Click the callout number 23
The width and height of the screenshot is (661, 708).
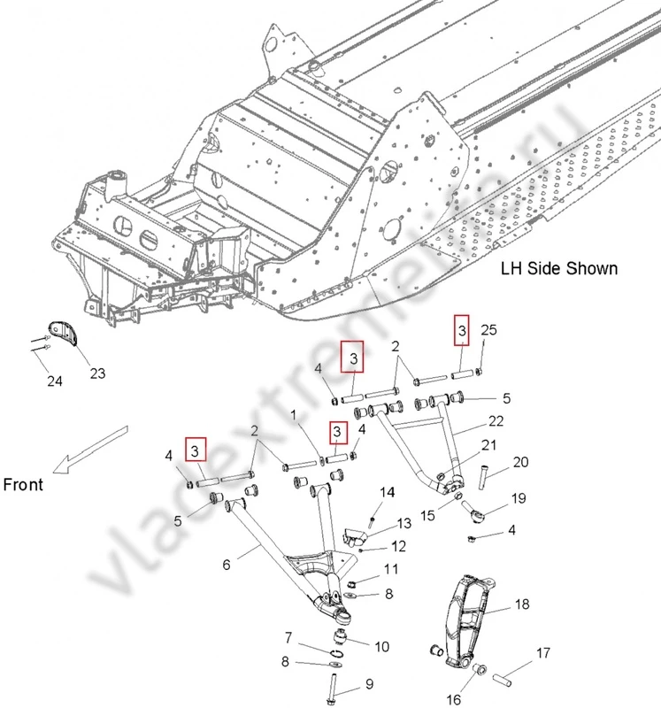97,373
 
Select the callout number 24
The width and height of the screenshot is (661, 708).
56,382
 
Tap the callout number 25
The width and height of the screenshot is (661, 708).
489,330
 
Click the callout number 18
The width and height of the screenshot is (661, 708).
522,605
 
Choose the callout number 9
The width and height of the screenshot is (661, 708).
370,683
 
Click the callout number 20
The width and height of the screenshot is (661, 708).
520,463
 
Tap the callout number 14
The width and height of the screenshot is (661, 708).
387,492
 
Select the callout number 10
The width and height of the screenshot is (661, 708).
381,646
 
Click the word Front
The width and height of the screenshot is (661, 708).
24,484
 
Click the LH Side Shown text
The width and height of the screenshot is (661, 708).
559,268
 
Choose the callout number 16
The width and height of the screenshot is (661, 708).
453,699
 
